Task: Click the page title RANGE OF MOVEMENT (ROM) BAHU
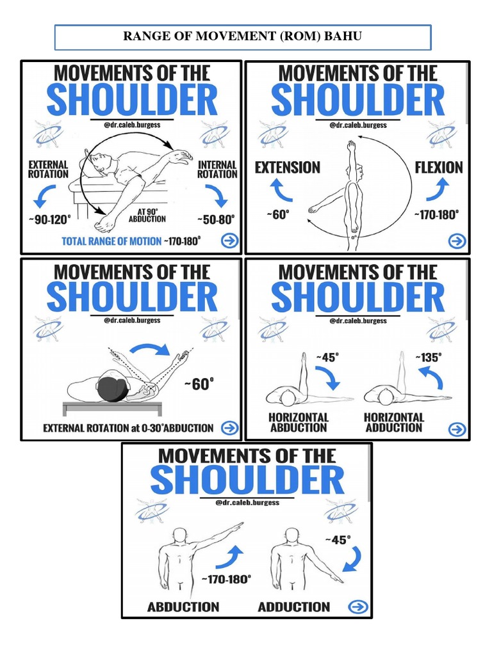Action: click(x=242, y=36)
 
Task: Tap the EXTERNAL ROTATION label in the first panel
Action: click(x=48, y=170)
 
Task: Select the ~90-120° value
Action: click(x=50, y=219)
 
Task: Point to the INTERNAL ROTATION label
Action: click(x=217, y=170)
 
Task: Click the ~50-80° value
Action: click(x=216, y=219)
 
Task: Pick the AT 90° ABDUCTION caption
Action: click(x=147, y=216)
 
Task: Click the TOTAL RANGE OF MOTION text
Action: click(x=111, y=241)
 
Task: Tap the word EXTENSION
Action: click(x=288, y=168)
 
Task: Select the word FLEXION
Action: click(x=439, y=168)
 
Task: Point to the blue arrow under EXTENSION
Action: click(x=282, y=190)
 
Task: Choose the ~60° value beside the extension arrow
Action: click(x=278, y=214)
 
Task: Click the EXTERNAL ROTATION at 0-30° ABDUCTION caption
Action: click(x=128, y=428)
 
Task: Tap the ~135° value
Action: click(x=429, y=358)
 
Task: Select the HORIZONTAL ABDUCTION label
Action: click(x=299, y=422)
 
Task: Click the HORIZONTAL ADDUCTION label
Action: click(x=394, y=422)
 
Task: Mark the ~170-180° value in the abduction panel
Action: click(x=226, y=580)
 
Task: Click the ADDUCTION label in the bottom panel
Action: click(x=293, y=607)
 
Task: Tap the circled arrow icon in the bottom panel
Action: click(x=358, y=606)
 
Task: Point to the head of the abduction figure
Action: click(x=180, y=536)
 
